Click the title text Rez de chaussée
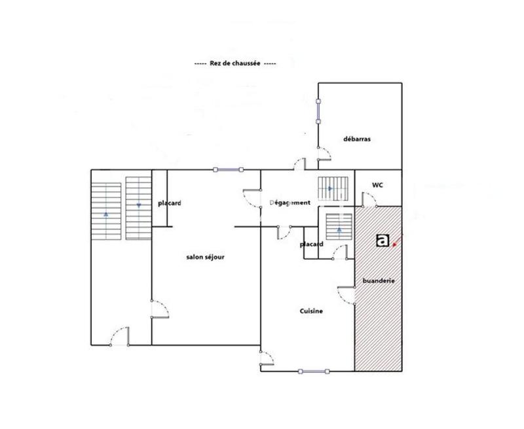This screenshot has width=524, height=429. pos(234,63)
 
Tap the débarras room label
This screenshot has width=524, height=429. pos(357,139)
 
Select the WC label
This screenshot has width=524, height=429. pos(377,185)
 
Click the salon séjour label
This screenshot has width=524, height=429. pos(206,257)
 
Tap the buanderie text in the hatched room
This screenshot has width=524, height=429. pos(379,281)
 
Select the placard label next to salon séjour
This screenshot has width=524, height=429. pos(170,203)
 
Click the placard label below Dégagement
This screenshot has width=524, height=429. pos(312,245)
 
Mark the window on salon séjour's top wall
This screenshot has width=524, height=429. pos(228,170)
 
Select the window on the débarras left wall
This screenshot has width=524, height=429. pos(318,111)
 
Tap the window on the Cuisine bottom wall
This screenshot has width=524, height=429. pos(312,371)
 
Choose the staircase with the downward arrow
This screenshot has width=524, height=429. pos(138,208)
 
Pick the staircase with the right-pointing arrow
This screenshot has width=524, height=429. pos(330,189)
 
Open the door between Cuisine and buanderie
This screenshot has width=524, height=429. pos(346,296)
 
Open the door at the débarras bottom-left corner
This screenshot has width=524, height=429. pos(324,154)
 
